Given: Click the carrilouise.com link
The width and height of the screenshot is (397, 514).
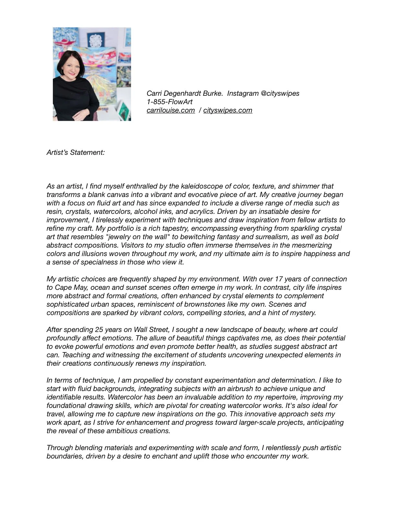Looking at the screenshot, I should tap(171, 110).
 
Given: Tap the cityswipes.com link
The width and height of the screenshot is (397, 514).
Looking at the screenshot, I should tap(228, 110).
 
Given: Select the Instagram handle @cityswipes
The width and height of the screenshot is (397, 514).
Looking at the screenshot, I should tap(280, 93).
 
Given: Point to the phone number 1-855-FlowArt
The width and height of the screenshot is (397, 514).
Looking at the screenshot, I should tap(170, 102).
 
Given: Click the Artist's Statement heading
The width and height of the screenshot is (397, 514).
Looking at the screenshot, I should tap(76, 153).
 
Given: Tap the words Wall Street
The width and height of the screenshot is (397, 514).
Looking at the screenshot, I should tap(151, 330).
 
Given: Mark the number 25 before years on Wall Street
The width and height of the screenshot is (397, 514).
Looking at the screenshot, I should tap(99, 330).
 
